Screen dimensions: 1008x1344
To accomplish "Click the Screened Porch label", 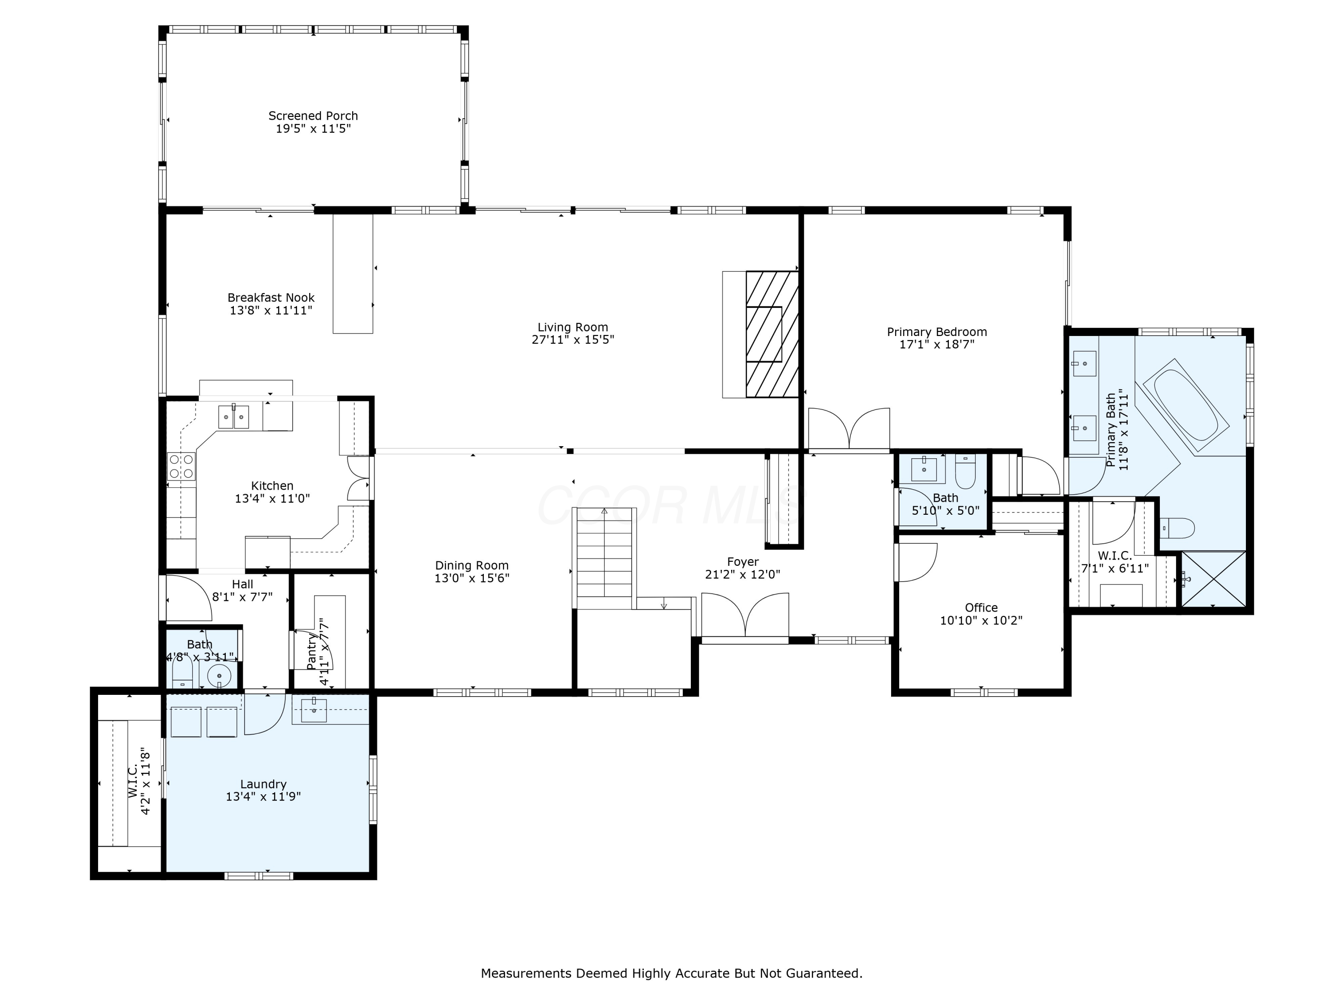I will coord(313,116).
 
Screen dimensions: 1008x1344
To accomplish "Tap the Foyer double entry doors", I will coord(745,615).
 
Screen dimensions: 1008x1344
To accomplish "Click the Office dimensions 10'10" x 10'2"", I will coord(981,620).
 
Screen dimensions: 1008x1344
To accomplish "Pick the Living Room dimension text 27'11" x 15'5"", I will coord(573,340).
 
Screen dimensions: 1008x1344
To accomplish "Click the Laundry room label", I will coord(263,784).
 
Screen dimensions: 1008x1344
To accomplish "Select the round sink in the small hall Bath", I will coord(219,675).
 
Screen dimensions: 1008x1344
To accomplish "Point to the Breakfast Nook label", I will coord(271,298).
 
